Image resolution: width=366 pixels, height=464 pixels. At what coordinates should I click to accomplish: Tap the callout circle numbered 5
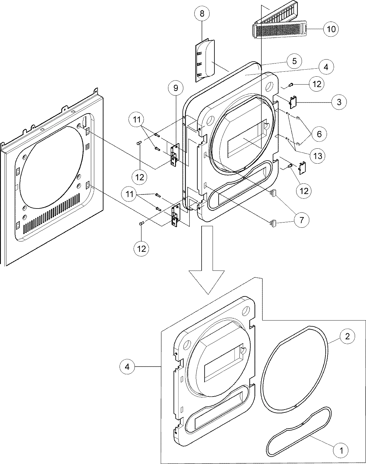click(294, 61)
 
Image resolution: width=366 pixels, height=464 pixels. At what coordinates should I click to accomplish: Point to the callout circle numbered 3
click(339, 102)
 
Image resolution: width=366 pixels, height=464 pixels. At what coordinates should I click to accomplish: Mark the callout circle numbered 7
click(301, 220)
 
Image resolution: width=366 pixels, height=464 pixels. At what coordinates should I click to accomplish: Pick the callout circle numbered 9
click(176, 88)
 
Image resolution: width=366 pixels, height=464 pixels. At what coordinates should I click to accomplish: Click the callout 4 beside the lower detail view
click(127, 367)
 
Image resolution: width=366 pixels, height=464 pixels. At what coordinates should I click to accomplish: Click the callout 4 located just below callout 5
click(326, 67)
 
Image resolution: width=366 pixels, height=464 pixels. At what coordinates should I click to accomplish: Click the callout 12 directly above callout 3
click(317, 84)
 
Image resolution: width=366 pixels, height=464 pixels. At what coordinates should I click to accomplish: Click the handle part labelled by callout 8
click(205, 61)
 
